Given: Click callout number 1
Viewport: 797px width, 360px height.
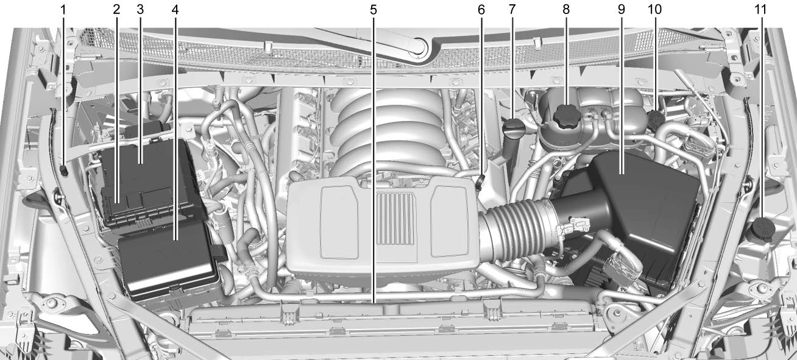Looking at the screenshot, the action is coord(63,10).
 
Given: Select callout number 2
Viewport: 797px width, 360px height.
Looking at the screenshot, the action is coord(116,10).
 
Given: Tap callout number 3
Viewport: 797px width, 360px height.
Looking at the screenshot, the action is coord(140,10).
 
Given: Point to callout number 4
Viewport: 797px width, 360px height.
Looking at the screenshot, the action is coord(175,10).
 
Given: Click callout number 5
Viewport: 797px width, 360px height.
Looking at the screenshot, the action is coord(373,10).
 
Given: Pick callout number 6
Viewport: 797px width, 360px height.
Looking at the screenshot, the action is coord(481,10).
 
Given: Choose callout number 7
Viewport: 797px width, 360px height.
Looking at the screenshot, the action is coord(512,10).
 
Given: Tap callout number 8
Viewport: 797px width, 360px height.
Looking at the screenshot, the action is coord(565,10).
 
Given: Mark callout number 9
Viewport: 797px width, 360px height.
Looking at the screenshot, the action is coord(622,10).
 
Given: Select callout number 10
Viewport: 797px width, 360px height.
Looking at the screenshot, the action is coord(654,10).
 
